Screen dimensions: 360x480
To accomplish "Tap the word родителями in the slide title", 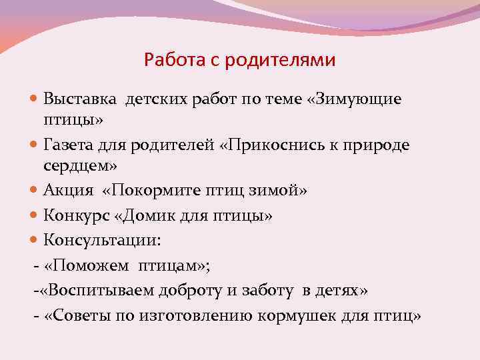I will coord(281,61).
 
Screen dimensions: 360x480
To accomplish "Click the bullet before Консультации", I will coord(35,238).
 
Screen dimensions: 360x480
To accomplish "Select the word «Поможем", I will coord(86,267).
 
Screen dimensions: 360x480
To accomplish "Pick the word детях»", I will coord(342,291).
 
